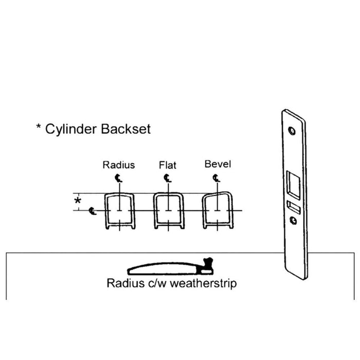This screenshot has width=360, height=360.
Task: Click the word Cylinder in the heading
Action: click(72, 130)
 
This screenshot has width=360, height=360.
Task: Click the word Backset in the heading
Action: click(126, 129)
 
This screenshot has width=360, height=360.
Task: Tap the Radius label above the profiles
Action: click(119, 165)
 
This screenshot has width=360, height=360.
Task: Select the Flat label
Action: click(168, 165)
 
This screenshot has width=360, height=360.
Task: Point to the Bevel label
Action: click(218, 164)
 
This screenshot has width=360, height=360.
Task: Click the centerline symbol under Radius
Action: click(118, 178)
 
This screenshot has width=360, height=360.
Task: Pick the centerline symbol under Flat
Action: click(167, 178)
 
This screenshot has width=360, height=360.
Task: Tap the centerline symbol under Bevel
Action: click(216, 178)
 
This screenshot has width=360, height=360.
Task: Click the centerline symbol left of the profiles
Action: click(93, 211)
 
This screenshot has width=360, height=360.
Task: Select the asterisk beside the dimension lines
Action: click(78, 201)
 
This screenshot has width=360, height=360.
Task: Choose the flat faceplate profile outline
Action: click(154, 211)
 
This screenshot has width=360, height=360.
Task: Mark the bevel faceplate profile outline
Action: click(204, 211)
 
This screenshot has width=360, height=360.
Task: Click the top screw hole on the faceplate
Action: click(292, 131)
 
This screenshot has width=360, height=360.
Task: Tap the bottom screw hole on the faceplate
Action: click(293, 221)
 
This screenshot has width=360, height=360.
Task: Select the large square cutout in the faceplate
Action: click(294, 185)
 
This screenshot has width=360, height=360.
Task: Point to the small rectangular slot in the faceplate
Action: click(294, 207)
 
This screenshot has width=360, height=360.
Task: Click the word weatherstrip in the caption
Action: click(203, 283)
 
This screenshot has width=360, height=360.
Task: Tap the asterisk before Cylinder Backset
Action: click(39, 127)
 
